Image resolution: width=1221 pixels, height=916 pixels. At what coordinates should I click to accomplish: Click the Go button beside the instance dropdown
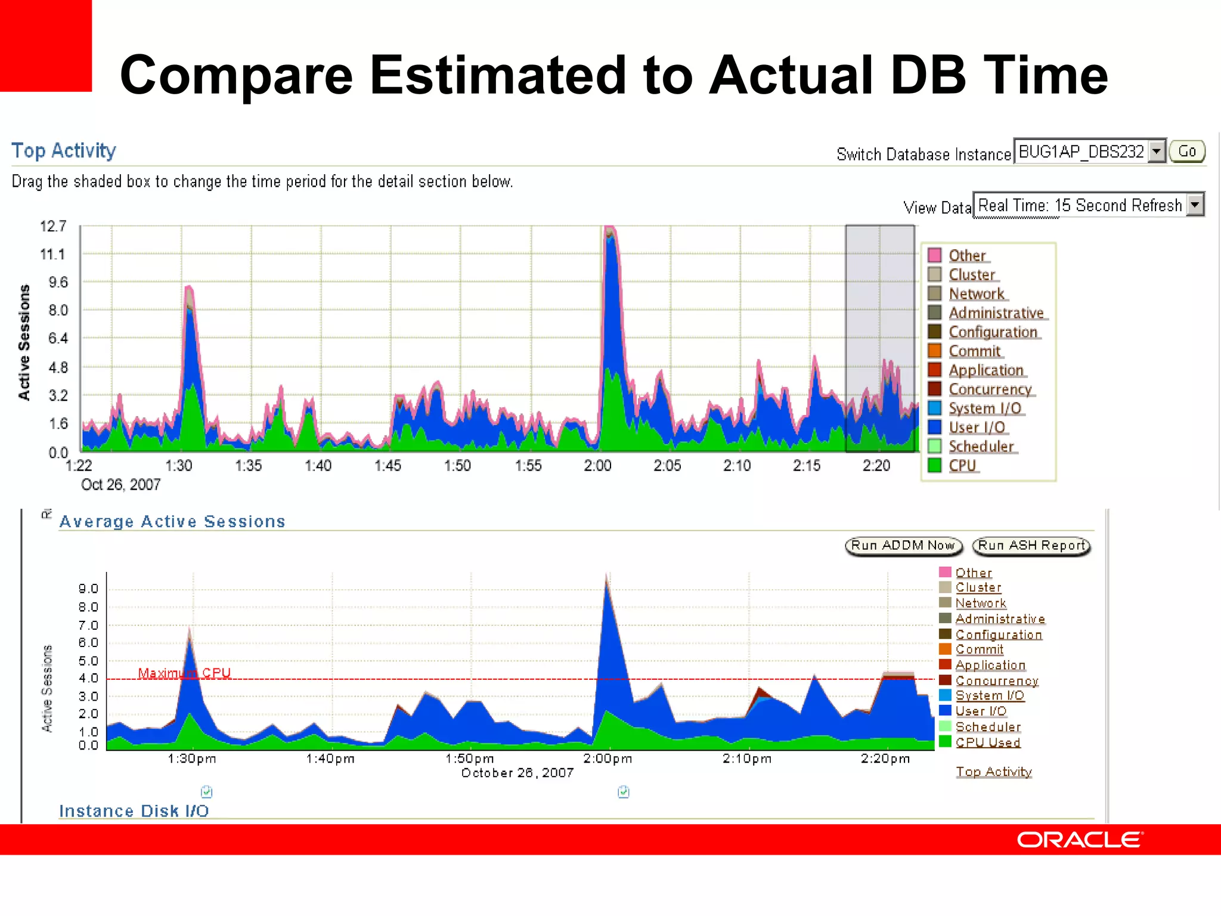tap(1186, 151)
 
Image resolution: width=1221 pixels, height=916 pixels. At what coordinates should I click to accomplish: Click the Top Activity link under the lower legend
tap(993, 772)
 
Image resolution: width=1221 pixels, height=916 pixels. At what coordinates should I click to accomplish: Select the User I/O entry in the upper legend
tap(977, 428)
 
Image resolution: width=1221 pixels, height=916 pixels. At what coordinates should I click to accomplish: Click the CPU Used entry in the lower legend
tap(987, 742)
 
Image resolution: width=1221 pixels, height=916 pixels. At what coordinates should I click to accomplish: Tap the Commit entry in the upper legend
tap(974, 351)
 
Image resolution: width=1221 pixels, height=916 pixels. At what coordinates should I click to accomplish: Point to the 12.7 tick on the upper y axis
tap(53, 227)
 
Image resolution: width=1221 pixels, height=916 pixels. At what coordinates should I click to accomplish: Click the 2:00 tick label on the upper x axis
tap(597, 466)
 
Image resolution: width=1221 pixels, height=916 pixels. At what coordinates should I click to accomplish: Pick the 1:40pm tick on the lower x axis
tap(330, 759)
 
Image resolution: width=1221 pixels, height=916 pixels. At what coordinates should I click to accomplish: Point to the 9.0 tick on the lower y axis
tap(88, 589)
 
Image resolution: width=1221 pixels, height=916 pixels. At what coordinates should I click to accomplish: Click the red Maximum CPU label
tap(184, 673)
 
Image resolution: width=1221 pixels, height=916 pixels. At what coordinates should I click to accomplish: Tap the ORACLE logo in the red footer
tap(1079, 840)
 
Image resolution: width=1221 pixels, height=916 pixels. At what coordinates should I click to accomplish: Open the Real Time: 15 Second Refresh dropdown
tap(1088, 205)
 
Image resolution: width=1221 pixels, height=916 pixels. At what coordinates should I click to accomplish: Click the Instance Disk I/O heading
tap(134, 811)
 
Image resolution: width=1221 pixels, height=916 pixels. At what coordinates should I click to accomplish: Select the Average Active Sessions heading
tap(172, 522)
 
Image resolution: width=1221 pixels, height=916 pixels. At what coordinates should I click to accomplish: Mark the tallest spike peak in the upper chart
tap(609, 228)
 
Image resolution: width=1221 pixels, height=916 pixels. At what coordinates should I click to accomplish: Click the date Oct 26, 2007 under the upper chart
tap(120, 485)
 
